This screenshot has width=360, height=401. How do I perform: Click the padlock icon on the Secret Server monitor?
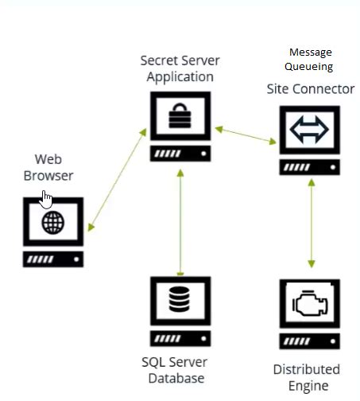pos(181,119)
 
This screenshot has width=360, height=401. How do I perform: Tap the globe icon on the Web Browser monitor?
pos(53,223)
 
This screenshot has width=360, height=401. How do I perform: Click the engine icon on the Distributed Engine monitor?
pos(310,306)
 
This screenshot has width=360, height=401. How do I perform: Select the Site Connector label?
pos(310,88)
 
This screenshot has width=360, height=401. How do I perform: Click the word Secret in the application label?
pos(159,60)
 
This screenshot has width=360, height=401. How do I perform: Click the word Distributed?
pos(307,369)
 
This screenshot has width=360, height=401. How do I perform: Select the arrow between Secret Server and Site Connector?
pos(245,134)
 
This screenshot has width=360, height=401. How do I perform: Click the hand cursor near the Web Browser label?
pos(47,198)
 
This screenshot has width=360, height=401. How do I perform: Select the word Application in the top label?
pos(180,76)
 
